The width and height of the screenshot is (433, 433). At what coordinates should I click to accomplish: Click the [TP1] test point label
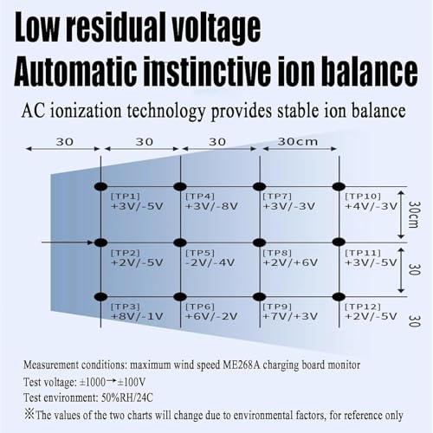click(126, 197)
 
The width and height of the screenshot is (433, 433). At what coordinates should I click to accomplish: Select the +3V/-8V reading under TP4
click(211, 206)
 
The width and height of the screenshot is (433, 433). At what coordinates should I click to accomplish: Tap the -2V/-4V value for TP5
click(210, 262)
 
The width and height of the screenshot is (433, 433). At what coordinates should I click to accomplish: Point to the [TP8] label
click(277, 253)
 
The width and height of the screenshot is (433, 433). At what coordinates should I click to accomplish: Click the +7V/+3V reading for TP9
click(290, 316)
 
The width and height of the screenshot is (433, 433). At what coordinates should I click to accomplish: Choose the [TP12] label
click(363, 307)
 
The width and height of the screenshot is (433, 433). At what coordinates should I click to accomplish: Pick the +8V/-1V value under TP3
click(137, 316)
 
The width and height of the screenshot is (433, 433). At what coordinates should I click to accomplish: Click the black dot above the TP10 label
click(339, 186)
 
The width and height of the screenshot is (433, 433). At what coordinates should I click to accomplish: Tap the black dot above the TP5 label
click(180, 242)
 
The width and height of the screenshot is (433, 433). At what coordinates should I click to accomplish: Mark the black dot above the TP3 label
click(100, 296)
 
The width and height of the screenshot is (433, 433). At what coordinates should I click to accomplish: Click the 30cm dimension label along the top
click(298, 142)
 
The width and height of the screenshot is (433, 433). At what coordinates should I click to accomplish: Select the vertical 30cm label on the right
click(414, 215)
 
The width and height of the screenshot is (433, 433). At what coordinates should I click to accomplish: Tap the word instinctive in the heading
click(205, 71)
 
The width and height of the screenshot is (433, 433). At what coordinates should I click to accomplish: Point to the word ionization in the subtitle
click(86, 112)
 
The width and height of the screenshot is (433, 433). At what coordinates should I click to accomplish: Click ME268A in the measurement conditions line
click(242, 365)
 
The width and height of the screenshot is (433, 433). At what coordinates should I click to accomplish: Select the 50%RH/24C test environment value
click(127, 397)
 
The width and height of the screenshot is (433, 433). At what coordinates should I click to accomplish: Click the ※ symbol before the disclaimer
click(29, 415)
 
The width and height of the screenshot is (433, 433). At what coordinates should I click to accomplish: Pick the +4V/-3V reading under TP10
click(372, 206)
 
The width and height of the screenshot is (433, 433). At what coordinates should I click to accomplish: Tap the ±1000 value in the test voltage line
click(93, 382)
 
